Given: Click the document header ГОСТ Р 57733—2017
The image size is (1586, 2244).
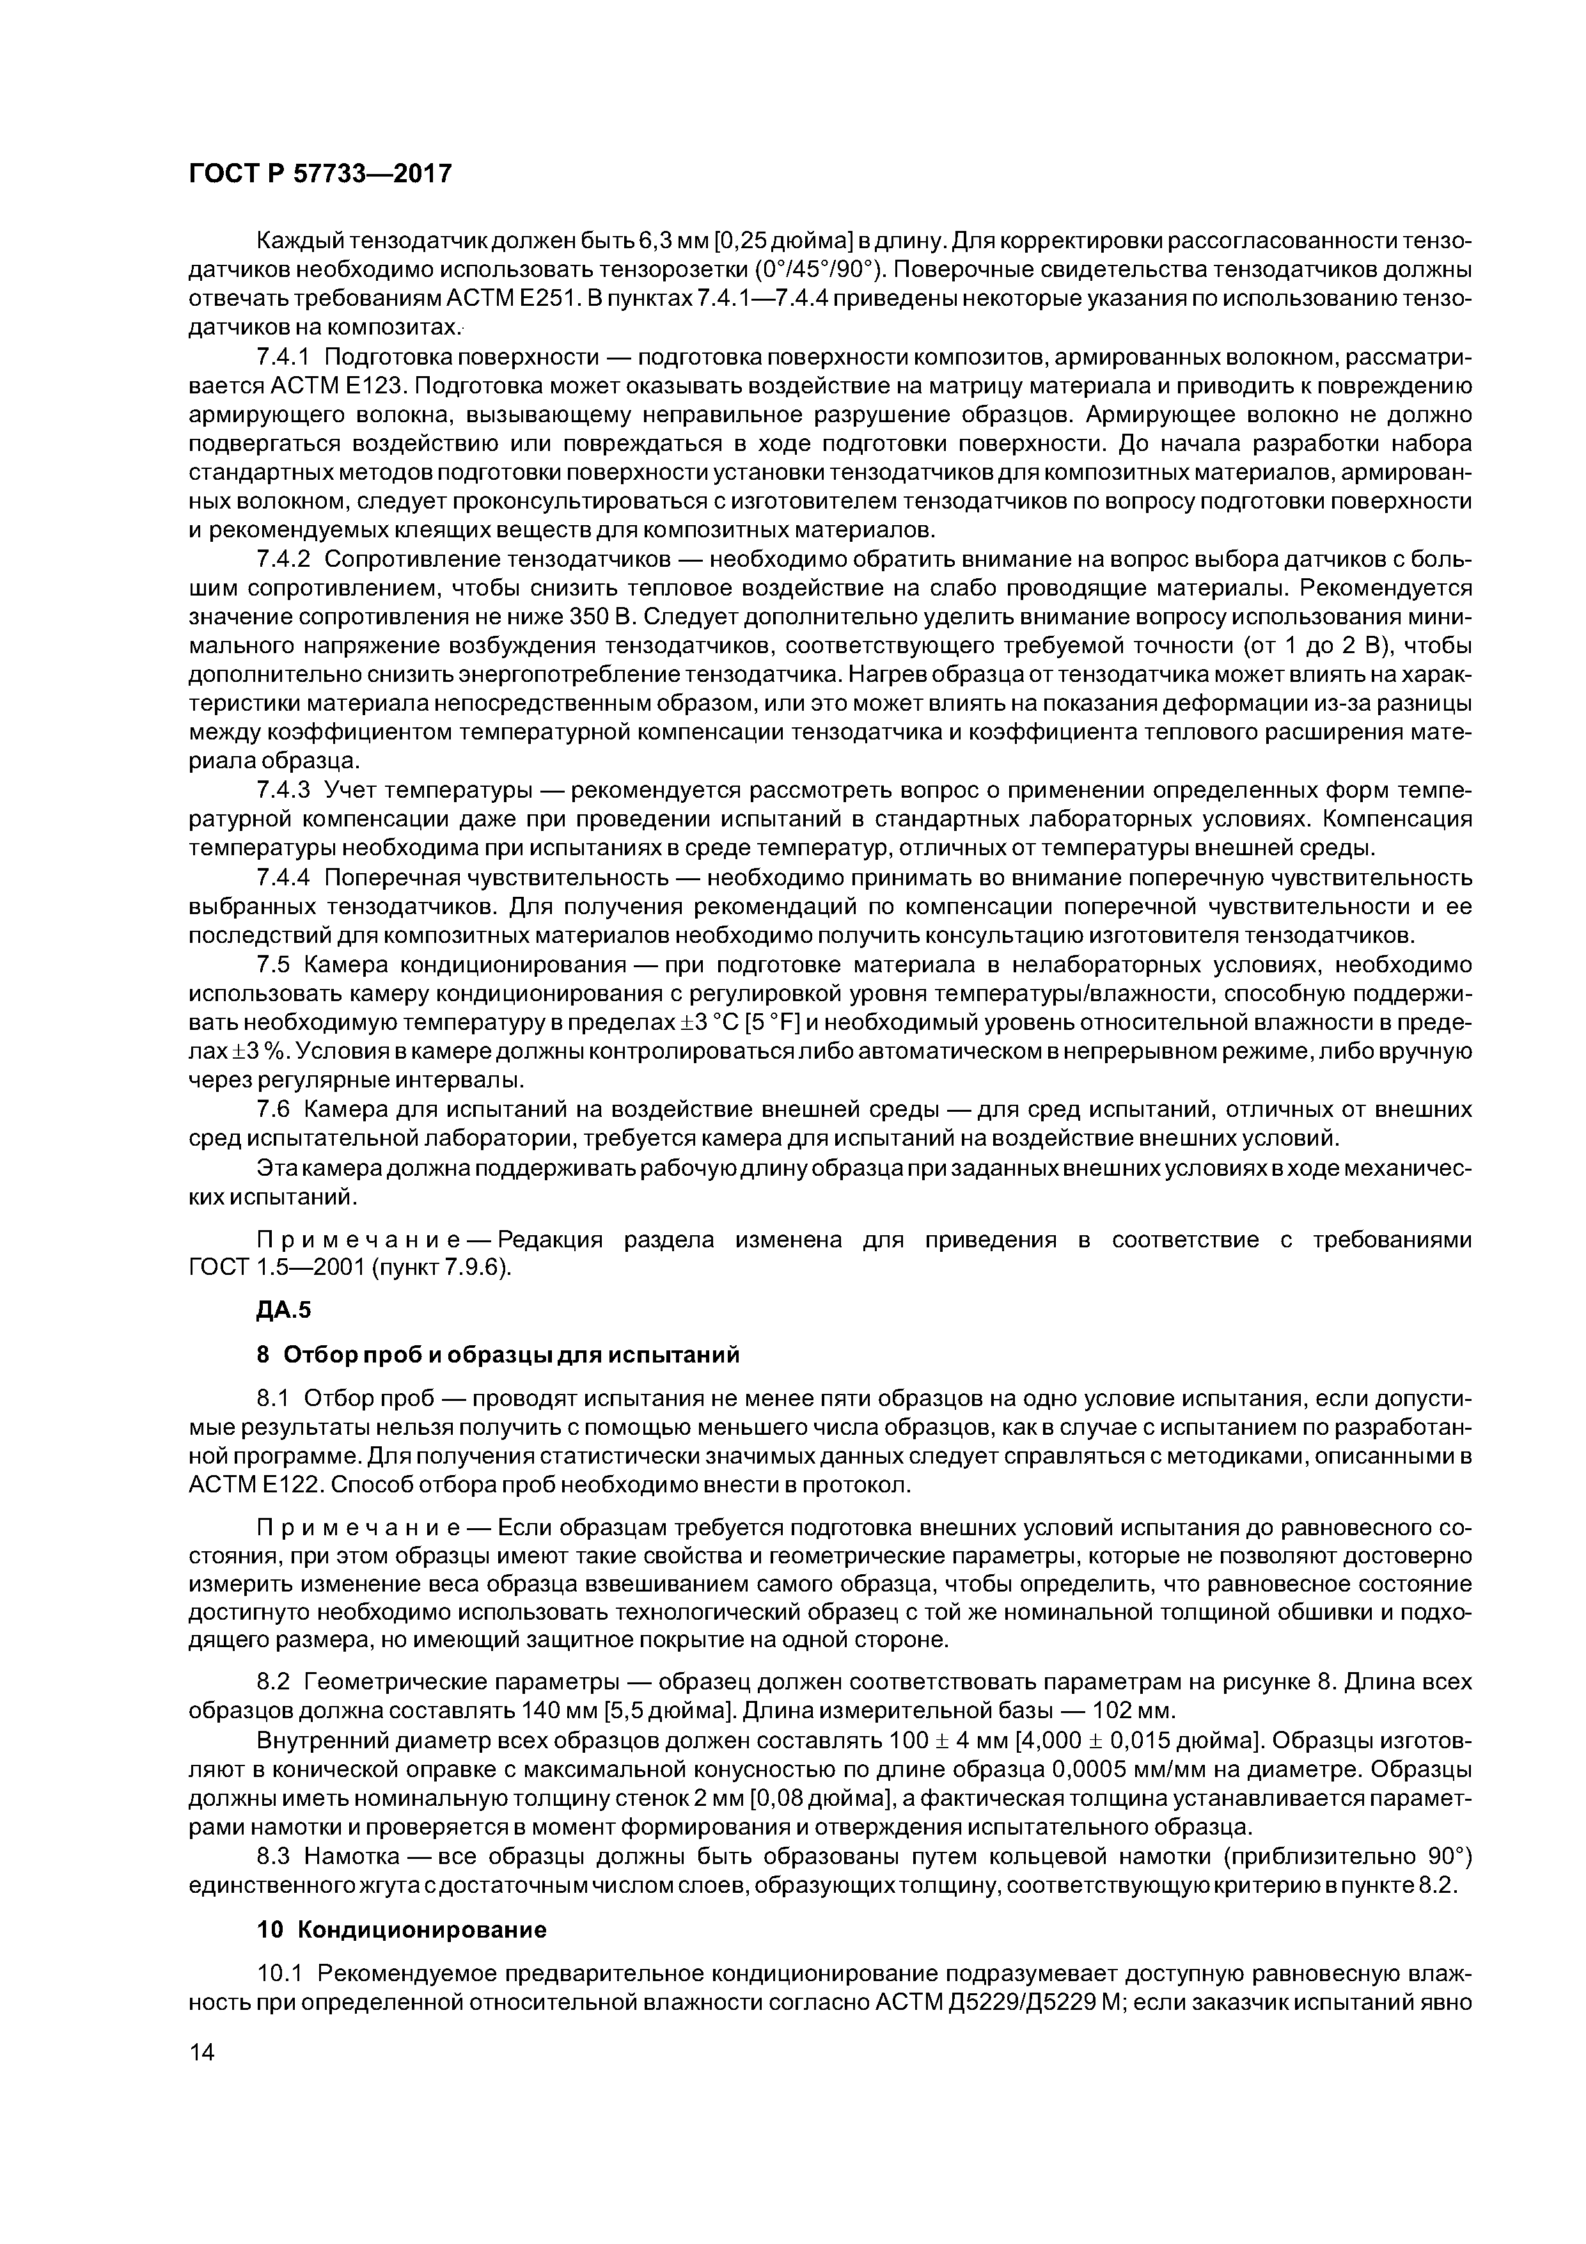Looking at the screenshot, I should click(x=320, y=174).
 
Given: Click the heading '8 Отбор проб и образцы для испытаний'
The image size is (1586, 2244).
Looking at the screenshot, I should click(x=498, y=1355).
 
